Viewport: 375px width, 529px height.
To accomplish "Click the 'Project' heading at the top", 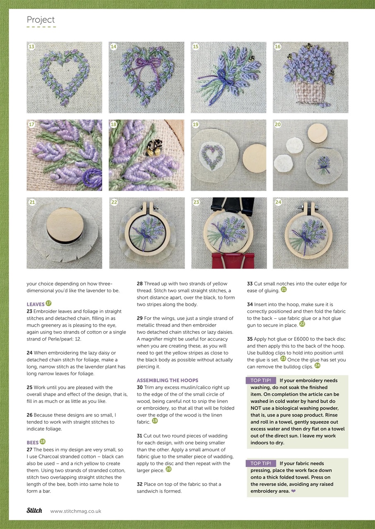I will tap(41, 20).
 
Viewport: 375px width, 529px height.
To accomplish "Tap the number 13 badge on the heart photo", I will tap(31, 47).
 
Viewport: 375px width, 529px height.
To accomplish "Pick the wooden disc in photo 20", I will tap(317, 132).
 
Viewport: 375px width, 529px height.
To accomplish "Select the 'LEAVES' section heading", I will tap(36, 304).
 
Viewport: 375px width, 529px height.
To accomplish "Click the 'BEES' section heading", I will tap(33, 442).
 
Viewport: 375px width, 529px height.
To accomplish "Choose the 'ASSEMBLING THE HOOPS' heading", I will tap(167, 380).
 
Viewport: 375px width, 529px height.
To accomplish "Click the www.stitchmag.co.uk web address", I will tap(76, 511).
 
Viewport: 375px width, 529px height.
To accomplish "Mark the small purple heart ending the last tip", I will tap(293, 491).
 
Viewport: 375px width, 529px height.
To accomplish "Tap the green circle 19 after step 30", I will tap(155, 421).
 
